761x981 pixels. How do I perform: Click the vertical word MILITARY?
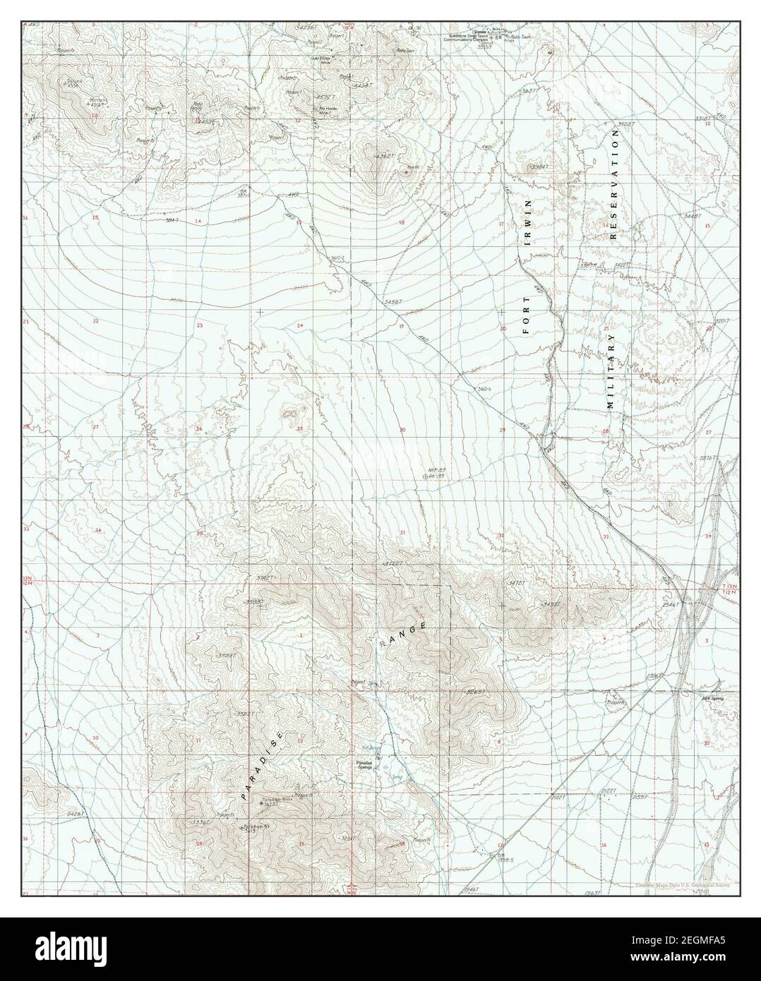pyautogui.click(x=611, y=371)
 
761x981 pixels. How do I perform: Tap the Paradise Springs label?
pyautogui.click(x=369, y=764)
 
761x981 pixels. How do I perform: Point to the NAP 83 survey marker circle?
pyautogui.click(x=424, y=476)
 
